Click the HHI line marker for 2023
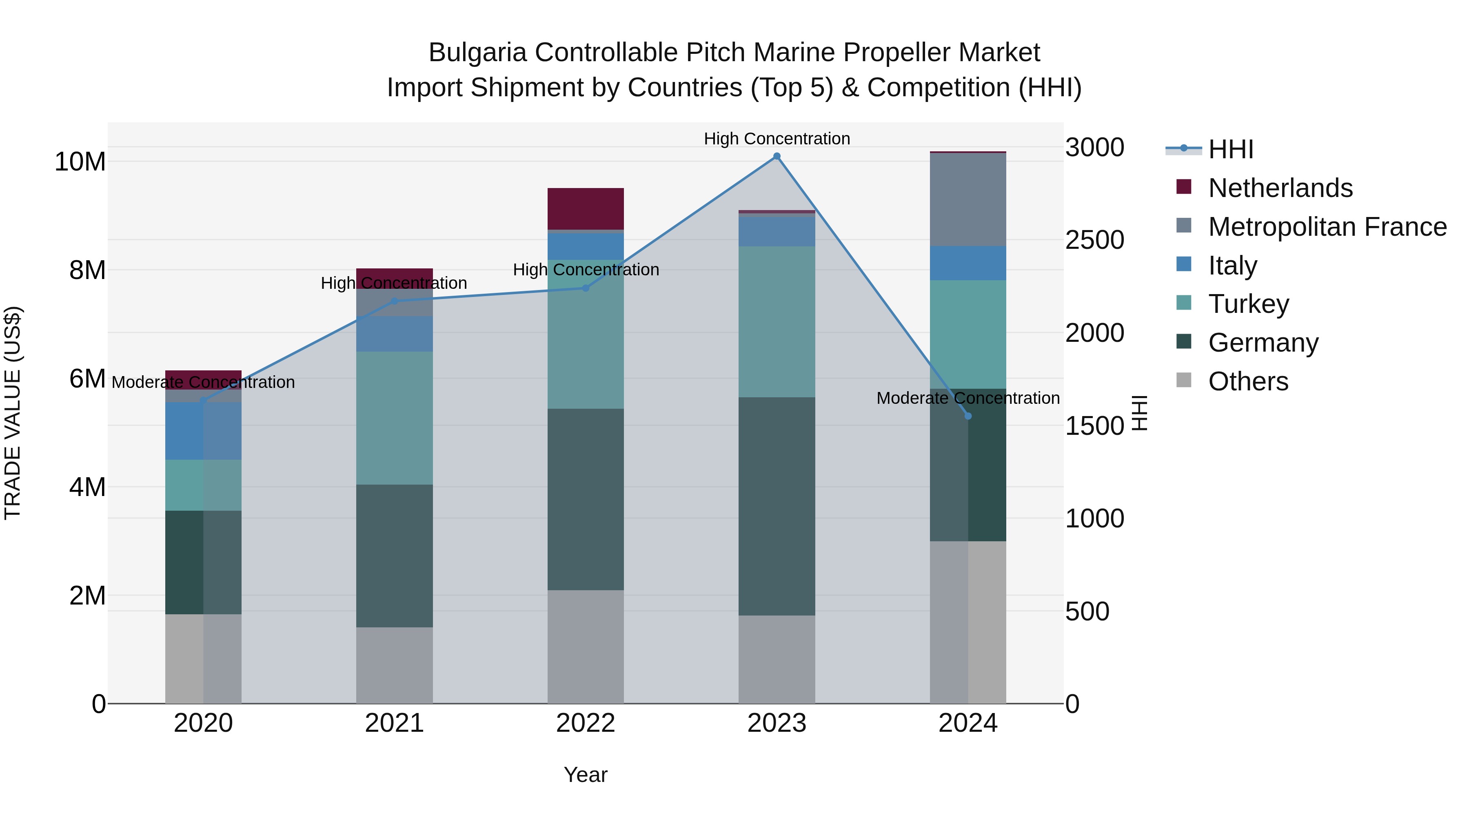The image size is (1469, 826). pyautogui.click(x=777, y=156)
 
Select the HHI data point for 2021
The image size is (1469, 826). pyautogui.click(x=394, y=301)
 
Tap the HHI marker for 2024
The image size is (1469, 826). pyautogui.click(x=968, y=416)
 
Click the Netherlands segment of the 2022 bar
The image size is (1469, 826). pyautogui.click(x=586, y=208)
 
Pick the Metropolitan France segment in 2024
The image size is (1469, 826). pyautogui.click(x=968, y=199)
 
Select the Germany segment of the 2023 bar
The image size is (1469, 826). pyautogui.click(x=777, y=506)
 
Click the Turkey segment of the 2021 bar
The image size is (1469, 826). pyautogui.click(x=394, y=418)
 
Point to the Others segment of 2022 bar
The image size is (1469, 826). pyautogui.click(x=586, y=647)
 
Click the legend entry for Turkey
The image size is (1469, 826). pyautogui.click(x=1248, y=304)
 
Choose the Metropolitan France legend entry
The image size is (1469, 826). pyautogui.click(x=1327, y=227)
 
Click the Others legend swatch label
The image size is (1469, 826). pyautogui.click(x=1248, y=381)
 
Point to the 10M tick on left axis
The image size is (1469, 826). pyautogui.click(x=80, y=162)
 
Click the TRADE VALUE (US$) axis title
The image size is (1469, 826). pyautogui.click(x=13, y=413)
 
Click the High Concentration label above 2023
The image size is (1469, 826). pyautogui.click(x=777, y=139)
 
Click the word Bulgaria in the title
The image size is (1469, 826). pyautogui.click(x=477, y=53)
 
